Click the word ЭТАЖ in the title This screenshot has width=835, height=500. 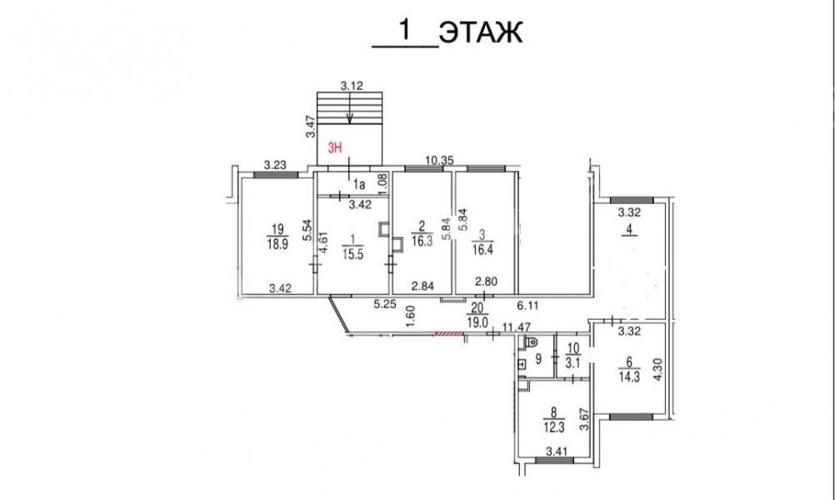(481, 33)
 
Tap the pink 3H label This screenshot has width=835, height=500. (334, 148)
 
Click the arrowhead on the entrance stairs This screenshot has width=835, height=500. (349, 121)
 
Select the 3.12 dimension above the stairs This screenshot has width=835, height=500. (352, 85)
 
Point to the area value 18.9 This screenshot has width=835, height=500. (277, 244)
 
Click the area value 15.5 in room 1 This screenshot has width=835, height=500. (352, 254)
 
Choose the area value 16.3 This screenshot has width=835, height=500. (422, 242)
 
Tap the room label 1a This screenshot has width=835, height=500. (359, 185)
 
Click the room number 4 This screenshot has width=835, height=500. (629, 231)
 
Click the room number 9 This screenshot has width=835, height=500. (538, 359)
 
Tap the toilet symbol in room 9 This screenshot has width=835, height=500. (531, 343)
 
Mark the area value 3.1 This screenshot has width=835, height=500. (573, 363)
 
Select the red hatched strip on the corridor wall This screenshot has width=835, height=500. (450, 334)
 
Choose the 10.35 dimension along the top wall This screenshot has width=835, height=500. (439, 160)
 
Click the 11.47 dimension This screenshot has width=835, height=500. (516, 327)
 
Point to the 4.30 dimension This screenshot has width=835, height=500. (658, 368)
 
